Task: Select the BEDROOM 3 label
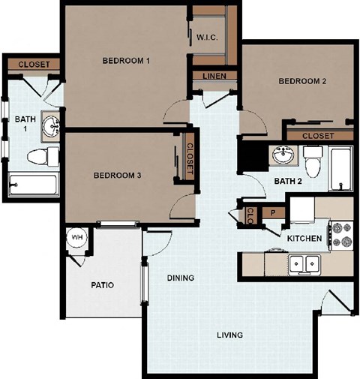(x=118, y=176)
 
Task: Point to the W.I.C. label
(x=207, y=38)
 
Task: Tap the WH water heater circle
(x=77, y=237)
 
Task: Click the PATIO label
(x=102, y=285)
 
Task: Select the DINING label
(x=180, y=278)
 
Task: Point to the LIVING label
(x=230, y=335)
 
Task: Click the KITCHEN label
(x=304, y=239)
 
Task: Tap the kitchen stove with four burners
(x=341, y=233)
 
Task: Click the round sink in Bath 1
(x=50, y=125)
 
